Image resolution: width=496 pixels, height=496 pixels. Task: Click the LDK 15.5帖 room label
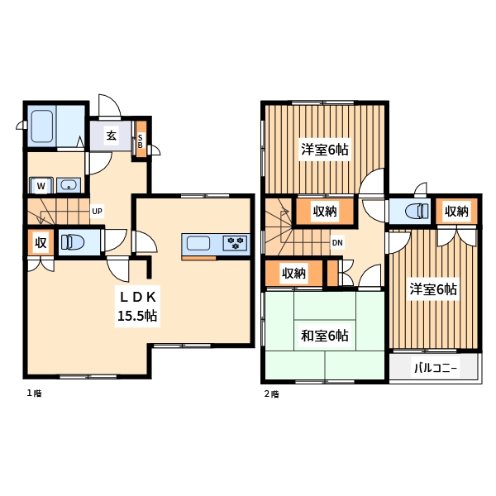click(137, 306)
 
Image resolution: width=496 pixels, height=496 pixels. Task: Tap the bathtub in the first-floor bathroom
click(42, 126)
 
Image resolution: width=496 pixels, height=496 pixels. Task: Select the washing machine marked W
click(41, 185)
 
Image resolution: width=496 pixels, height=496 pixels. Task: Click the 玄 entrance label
click(111, 136)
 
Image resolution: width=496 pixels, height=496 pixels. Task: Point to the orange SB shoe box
click(141, 139)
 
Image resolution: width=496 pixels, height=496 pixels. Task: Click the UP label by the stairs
click(97, 211)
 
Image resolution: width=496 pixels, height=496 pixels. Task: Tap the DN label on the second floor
click(337, 242)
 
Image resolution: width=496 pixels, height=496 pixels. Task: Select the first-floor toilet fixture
click(73, 242)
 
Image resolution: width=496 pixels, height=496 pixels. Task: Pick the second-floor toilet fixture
click(417, 210)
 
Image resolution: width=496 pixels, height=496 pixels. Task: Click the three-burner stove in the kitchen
click(235, 243)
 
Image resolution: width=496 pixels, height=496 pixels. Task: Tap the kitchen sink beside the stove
click(198, 243)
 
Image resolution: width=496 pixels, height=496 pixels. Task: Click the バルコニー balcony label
click(436, 368)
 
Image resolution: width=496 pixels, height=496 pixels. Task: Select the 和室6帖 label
click(325, 336)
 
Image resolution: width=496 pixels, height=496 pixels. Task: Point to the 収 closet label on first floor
click(41, 242)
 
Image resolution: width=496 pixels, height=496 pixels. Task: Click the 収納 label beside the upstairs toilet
click(456, 211)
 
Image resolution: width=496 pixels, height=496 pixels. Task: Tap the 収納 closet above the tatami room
click(293, 273)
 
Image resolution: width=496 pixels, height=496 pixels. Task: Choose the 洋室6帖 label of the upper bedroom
click(325, 149)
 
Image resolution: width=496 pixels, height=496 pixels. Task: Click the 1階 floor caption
click(34, 393)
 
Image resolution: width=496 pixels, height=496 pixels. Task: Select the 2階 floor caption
click(271, 394)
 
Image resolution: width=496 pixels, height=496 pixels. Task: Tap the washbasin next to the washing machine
click(69, 185)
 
